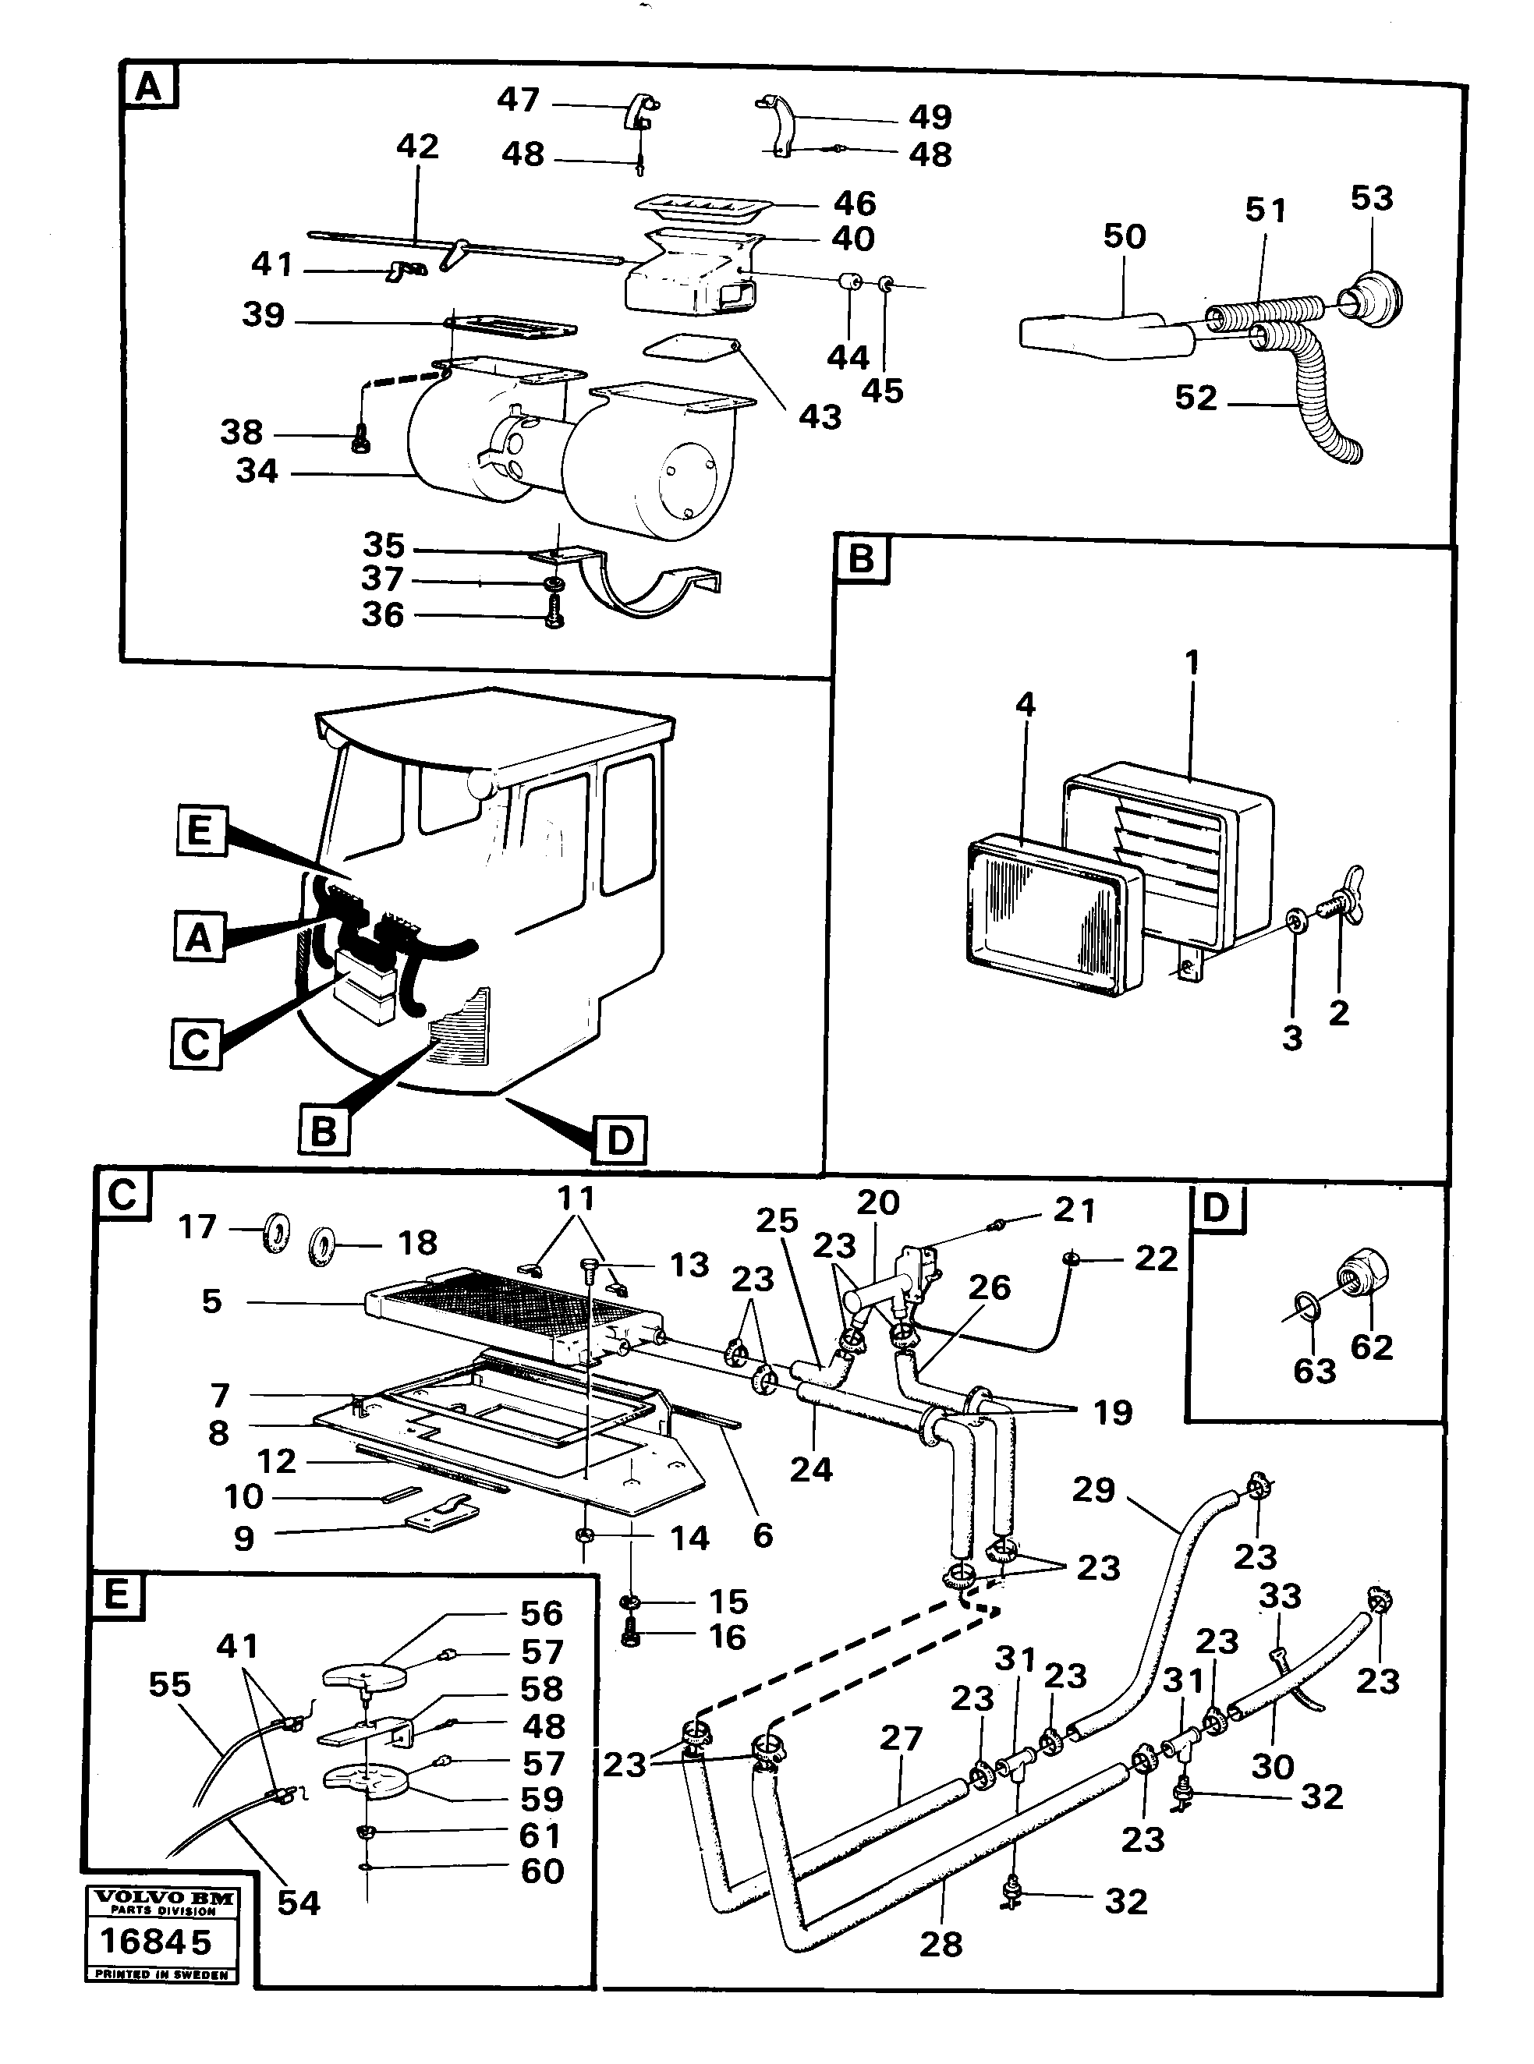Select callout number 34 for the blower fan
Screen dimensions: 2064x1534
click(x=257, y=471)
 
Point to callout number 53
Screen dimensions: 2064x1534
click(x=1372, y=198)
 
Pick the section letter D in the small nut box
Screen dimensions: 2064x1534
click(x=1213, y=1208)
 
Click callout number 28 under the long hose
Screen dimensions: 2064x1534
click(x=941, y=1944)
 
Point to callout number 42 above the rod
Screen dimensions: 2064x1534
click(x=417, y=146)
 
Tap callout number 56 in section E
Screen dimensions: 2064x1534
click(x=541, y=1613)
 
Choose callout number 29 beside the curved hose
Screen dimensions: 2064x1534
click(x=1093, y=1489)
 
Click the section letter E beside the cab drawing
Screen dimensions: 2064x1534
click(x=200, y=829)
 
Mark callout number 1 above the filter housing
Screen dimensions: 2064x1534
click(x=1192, y=662)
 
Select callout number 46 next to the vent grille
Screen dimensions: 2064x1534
click(x=854, y=204)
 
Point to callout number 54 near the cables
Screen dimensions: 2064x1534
click(x=298, y=1903)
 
